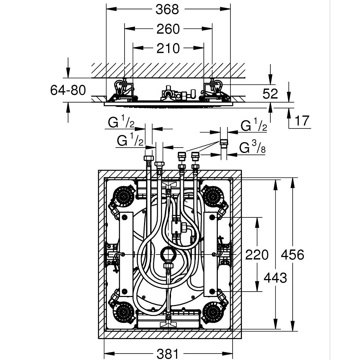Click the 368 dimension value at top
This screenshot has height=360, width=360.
tap(167, 9)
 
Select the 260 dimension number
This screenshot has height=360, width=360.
tap(168, 29)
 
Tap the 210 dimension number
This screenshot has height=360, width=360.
tap(168, 48)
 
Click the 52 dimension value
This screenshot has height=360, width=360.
tap(270, 94)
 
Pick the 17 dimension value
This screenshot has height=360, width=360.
tap(301, 121)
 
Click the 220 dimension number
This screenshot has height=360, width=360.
tap(257, 255)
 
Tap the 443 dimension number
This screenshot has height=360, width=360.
tap(275, 278)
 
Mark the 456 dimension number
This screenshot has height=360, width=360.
tap(292, 255)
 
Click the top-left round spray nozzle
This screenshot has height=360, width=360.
tap(125, 196)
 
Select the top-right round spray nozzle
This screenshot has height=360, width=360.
tap(212, 196)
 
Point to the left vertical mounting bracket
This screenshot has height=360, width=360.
tap(126, 254)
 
